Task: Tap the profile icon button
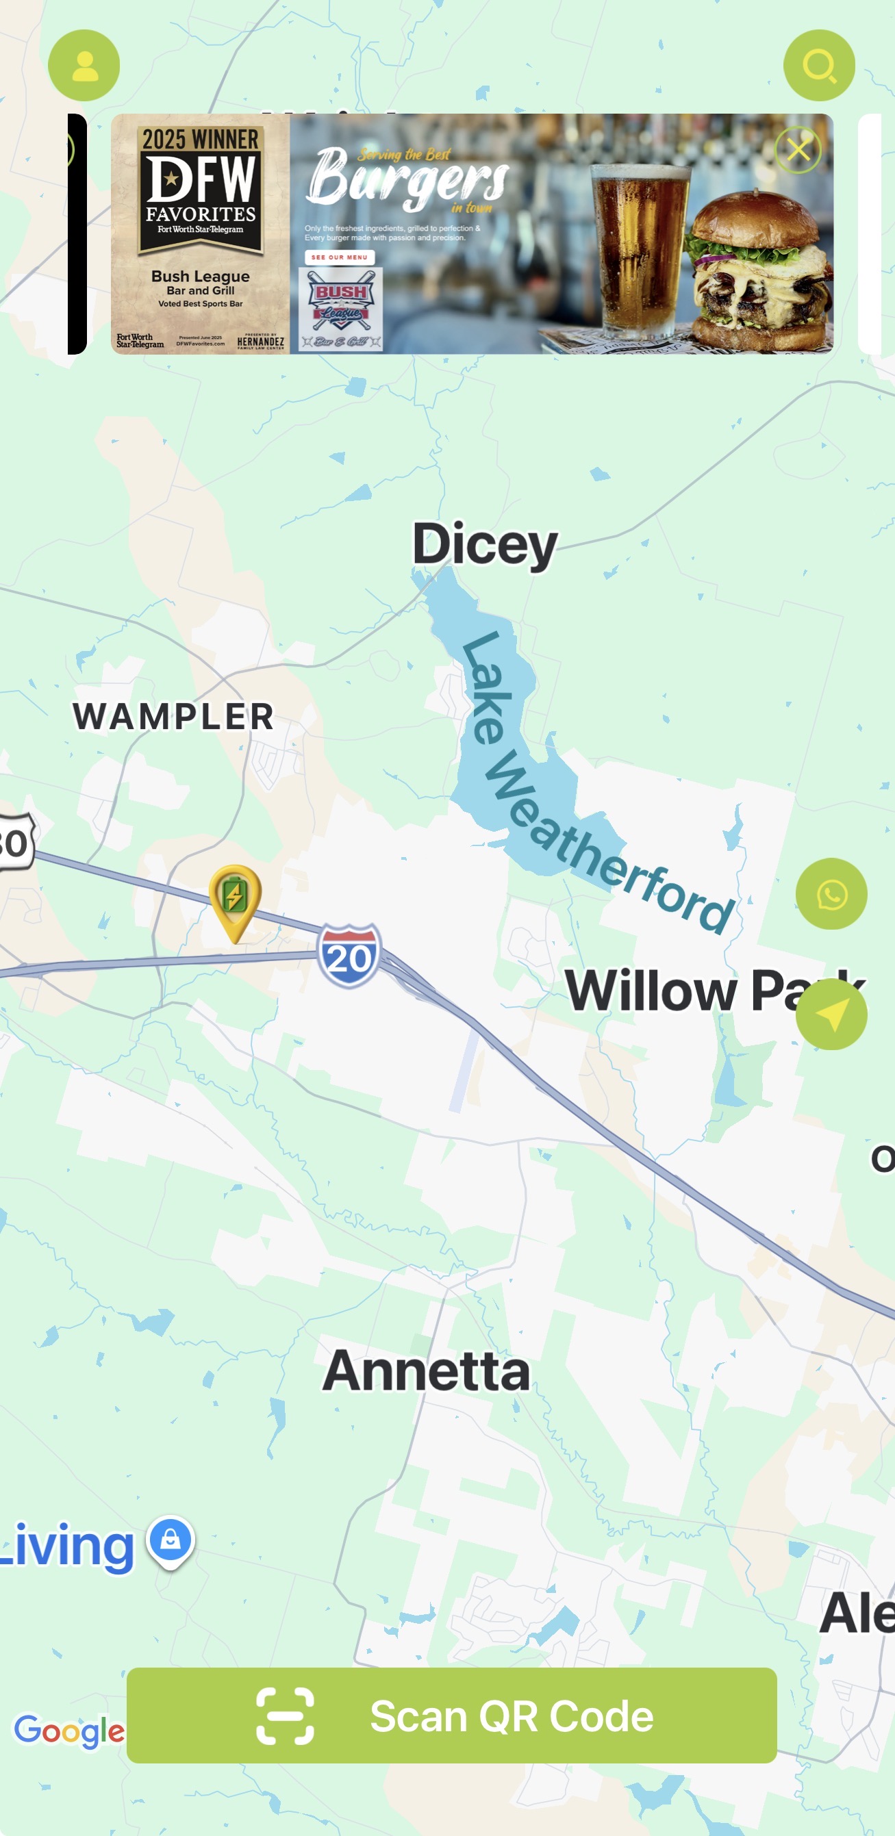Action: (x=84, y=66)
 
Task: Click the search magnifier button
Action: (x=819, y=66)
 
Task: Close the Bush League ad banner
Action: (x=797, y=151)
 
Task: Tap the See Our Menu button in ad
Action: (x=340, y=257)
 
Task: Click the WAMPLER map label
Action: (x=173, y=716)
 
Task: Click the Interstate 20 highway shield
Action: (x=349, y=956)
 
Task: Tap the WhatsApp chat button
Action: (x=831, y=894)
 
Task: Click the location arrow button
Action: (x=831, y=1015)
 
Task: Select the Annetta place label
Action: (x=427, y=1371)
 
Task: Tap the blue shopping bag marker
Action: (x=171, y=1542)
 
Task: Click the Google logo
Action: (x=69, y=1730)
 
